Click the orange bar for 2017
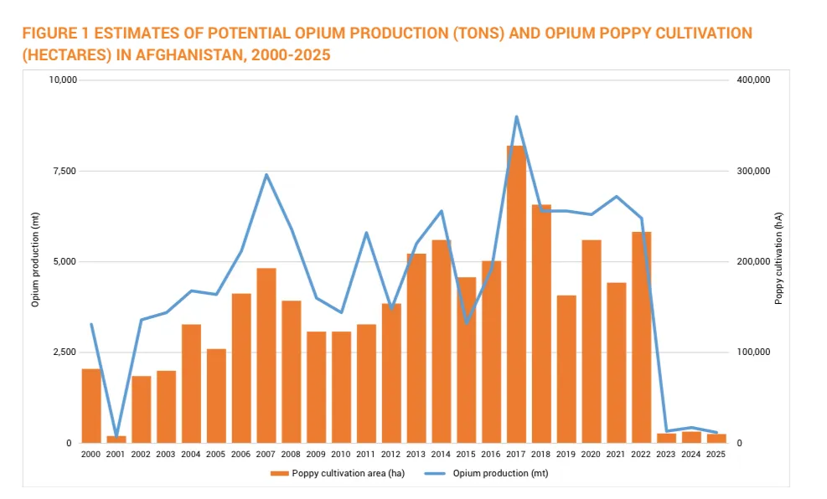[x=516, y=293]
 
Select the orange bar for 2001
[x=116, y=439]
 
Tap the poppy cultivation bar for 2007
[x=266, y=355]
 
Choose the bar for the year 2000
[x=91, y=405]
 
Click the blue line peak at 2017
[x=516, y=117]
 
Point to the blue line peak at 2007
[x=266, y=175]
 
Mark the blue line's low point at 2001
[x=116, y=436]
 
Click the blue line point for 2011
[x=366, y=233]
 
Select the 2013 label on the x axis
[x=416, y=454]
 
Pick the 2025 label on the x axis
[x=716, y=454]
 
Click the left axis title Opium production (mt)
[x=35, y=261]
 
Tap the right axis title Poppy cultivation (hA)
[x=778, y=261]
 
